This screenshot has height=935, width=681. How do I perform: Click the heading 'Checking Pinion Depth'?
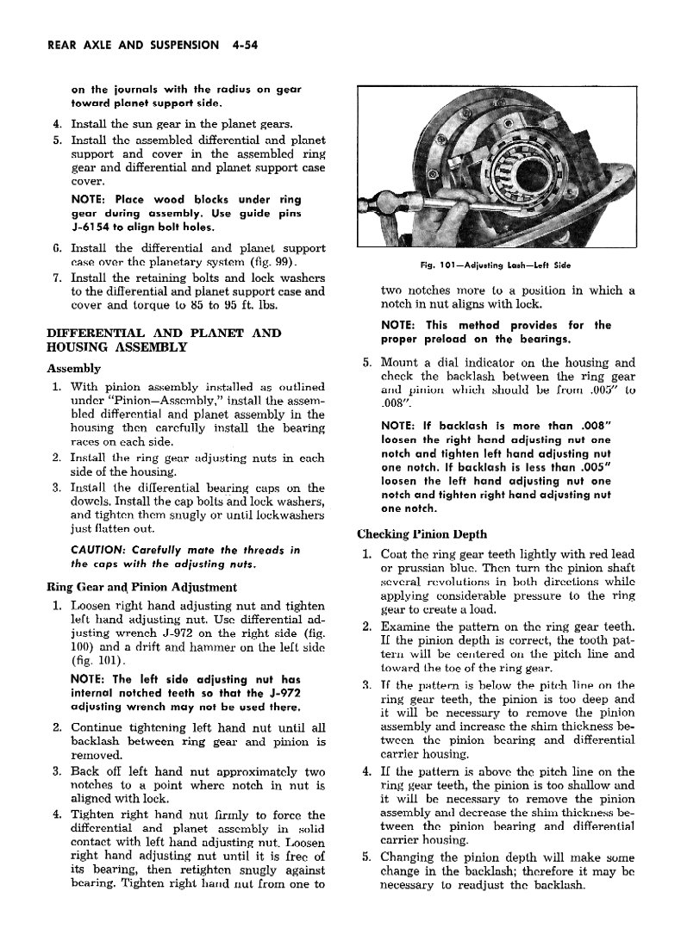click(x=422, y=533)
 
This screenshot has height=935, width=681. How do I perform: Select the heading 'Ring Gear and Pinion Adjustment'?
click(x=141, y=588)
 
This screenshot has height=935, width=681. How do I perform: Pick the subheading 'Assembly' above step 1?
click(x=73, y=368)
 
